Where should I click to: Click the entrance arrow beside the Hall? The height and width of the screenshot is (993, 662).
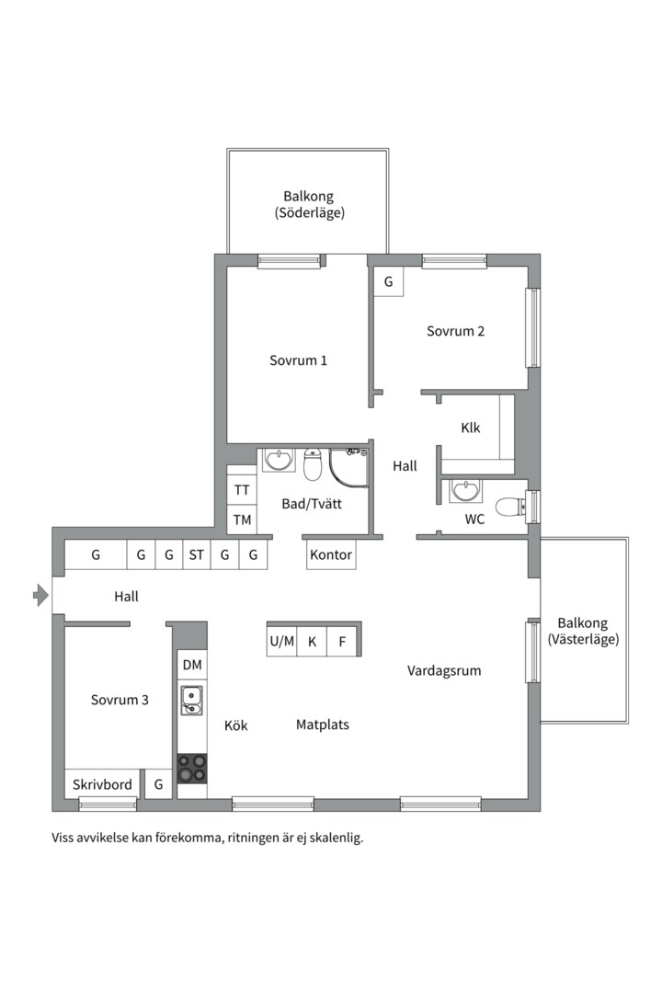pos(41,595)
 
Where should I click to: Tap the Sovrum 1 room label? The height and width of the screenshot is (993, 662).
pos(299,360)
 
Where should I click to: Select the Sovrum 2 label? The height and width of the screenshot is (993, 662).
pos(455,331)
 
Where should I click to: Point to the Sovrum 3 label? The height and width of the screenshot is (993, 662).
pos(120,700)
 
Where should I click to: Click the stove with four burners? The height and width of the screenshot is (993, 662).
pos(192,768)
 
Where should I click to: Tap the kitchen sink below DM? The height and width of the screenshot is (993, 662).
pos(192,700)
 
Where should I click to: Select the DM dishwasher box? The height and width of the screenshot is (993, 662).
pos(192,665)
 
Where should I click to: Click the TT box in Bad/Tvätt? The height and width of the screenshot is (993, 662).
pos(242,489)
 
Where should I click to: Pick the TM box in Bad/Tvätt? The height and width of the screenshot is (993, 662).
pos(242,519)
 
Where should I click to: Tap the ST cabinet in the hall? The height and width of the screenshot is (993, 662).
pos(197,554)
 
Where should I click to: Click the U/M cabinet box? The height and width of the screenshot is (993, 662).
pos(282,642)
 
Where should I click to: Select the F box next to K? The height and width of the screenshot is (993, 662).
pos(342,642)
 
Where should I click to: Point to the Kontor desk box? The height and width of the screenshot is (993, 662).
pos(331,554)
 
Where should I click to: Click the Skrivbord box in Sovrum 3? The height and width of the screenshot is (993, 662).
pos(103,784)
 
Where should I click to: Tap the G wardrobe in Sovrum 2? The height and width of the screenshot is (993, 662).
pos(388,282)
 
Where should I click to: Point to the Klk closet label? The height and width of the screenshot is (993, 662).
pos(471,428)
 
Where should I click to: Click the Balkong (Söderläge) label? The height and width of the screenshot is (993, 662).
pos(309,204)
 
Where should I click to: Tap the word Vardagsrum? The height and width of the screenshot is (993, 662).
pos(444,670)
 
